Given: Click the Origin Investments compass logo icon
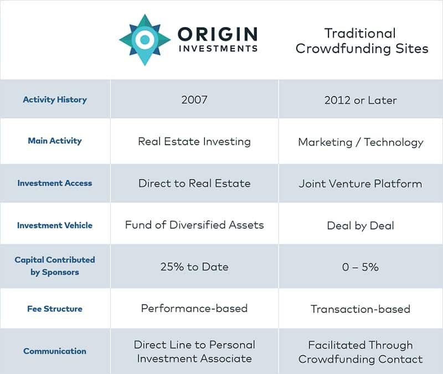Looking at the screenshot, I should click(x=144, y=39).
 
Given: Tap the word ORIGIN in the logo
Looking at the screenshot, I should click(x=217, y=34).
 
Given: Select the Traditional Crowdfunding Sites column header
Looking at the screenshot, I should click(x=362, y=40).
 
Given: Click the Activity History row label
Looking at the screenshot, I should click(x=55, y=100).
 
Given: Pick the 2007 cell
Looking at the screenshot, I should click(x=194, y=100).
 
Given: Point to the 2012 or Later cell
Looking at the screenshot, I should click(x=360, y=100).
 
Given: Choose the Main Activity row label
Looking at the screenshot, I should click(x=55, y=141).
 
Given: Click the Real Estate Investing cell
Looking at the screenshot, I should click(x=194, y=141).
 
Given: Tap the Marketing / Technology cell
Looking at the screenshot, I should click(x=360, y=142).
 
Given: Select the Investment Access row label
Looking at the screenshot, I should click(x=55, y=183).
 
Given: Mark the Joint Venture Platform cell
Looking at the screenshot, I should click(x=360, y=183).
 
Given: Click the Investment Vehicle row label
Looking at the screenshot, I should click(x=55, y=225).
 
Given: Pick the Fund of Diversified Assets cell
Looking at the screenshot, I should click(x=194, y=225).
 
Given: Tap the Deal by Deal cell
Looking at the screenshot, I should click(x=360, y=225).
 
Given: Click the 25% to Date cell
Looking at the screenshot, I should click(x=194, y=267).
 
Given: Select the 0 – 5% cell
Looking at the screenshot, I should click(x=360, y=267).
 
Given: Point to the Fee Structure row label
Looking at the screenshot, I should click(x=55, y=309).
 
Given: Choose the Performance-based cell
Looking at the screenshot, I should click(x=194, y=309).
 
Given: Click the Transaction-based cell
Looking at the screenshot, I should click(x=360, y=309).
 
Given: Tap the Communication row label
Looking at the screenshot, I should click(x=55, y=351).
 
